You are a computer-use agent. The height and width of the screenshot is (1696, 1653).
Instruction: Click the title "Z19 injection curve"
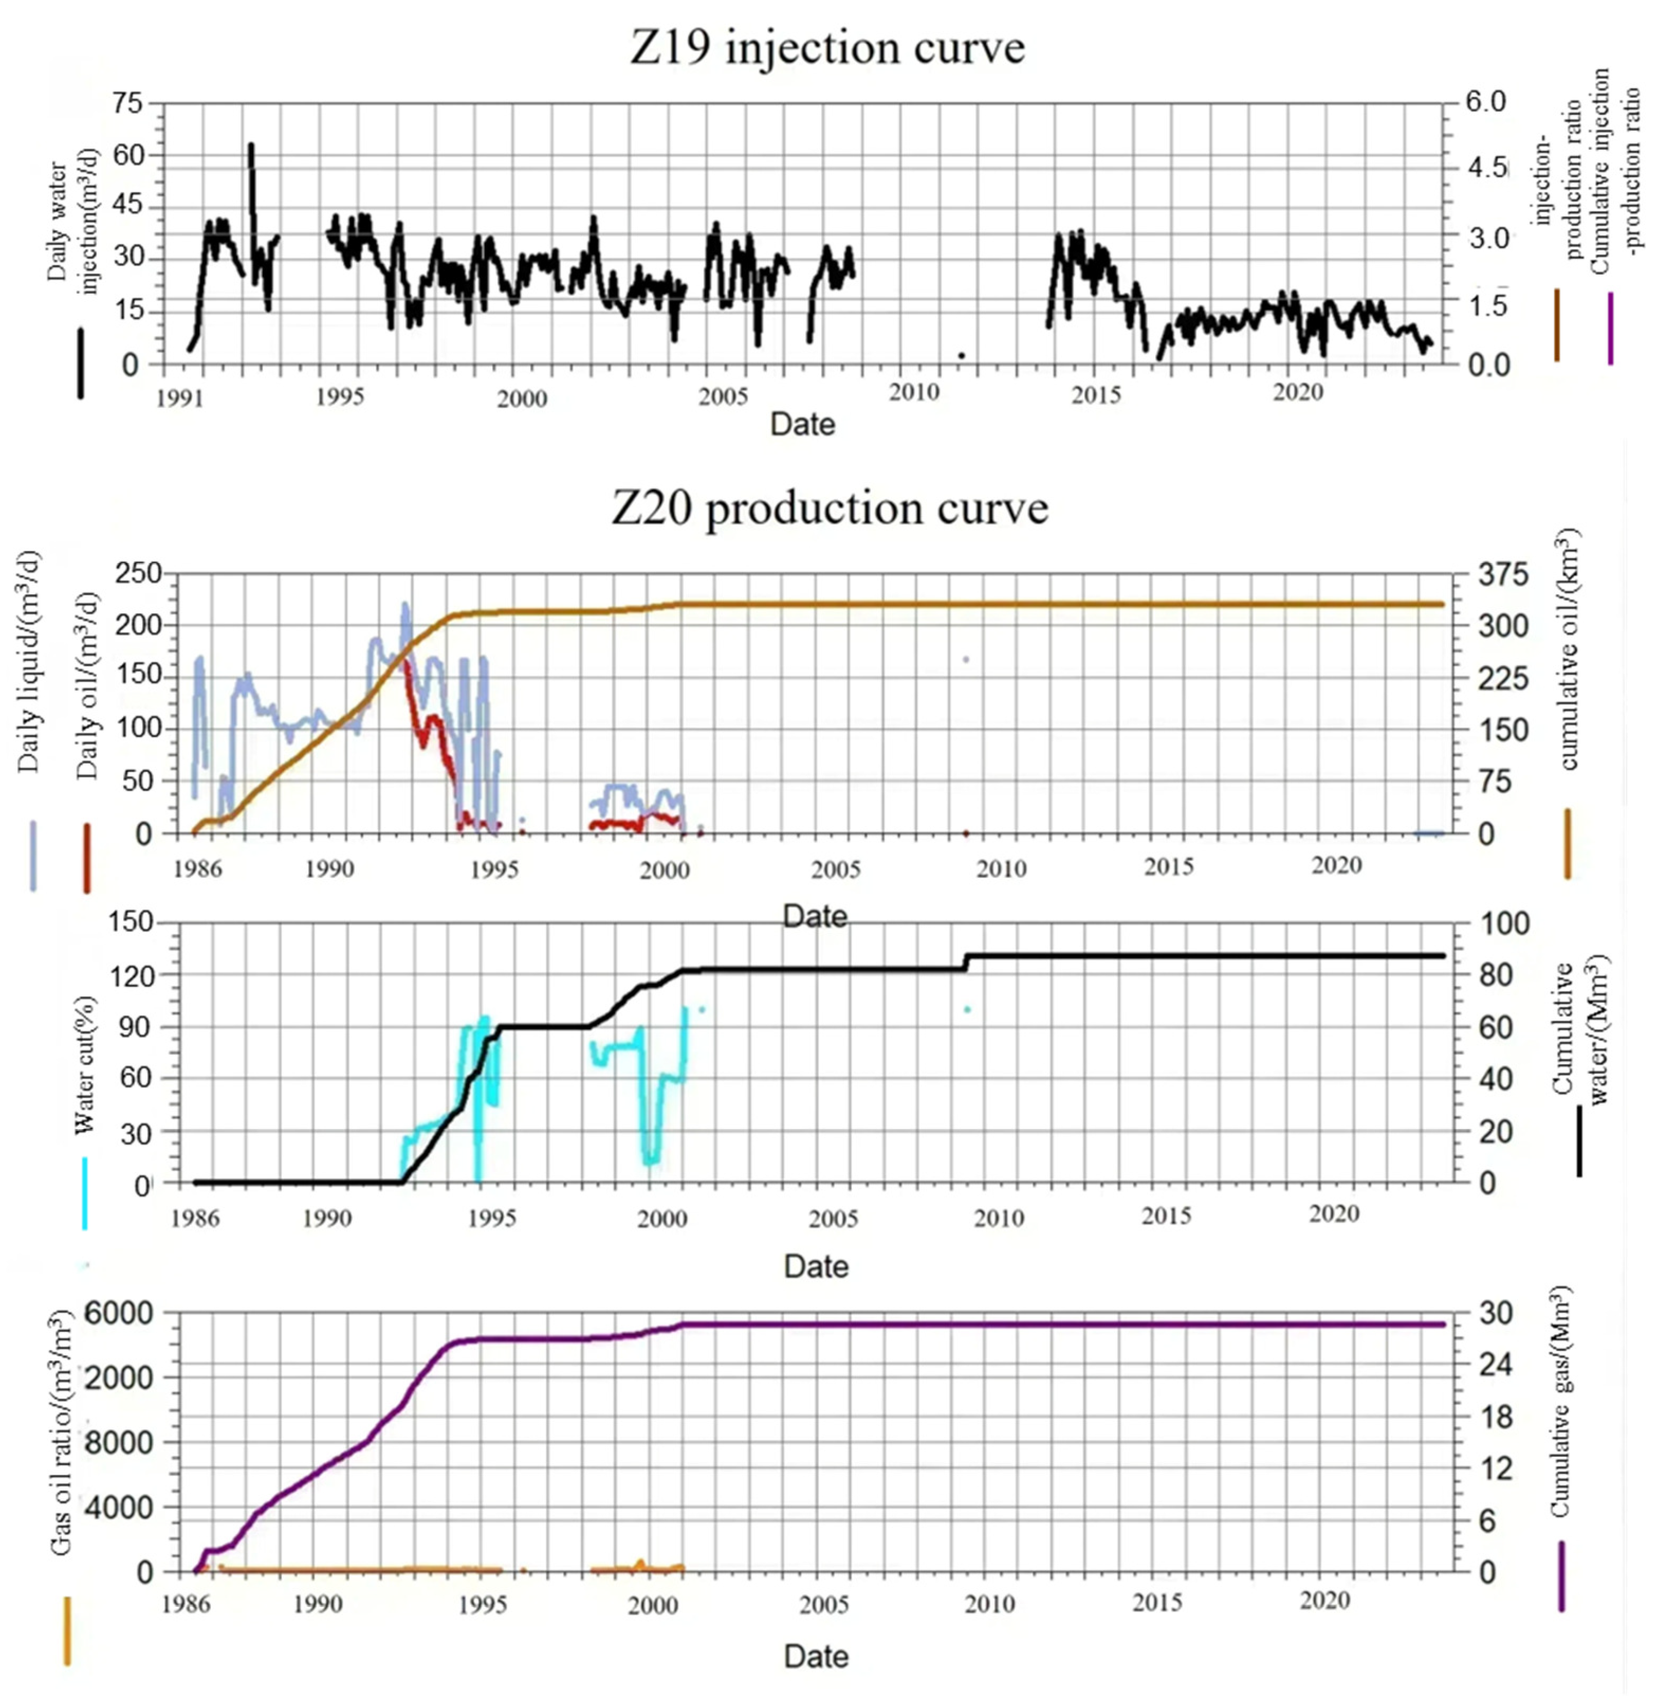(x=827, y=48)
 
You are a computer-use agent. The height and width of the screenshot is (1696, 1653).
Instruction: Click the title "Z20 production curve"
(x=829, y=509)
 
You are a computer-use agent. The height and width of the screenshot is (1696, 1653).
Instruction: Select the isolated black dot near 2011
(x=961, y=355)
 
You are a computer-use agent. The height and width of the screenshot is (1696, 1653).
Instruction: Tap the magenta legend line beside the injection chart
(x=1610, y=328)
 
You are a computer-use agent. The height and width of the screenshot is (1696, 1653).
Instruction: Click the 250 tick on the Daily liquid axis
(x=139, y=574)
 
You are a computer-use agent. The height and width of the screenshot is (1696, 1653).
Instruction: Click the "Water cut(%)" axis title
(x=84, y=1066)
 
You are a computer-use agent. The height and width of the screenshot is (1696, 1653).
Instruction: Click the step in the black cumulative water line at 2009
(x=965, y=962)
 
